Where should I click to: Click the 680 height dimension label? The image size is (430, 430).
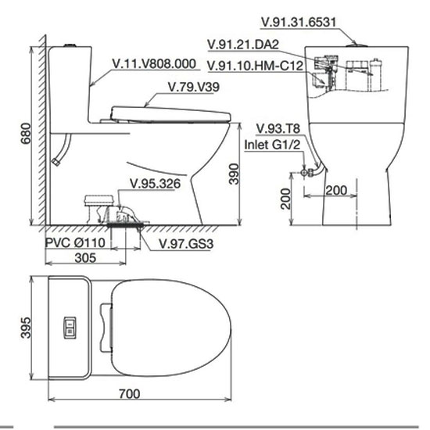click(x=26, y=133)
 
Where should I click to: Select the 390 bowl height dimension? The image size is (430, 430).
click(x=234, y=174)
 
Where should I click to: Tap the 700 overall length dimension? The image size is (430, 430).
click(x=130, y=394)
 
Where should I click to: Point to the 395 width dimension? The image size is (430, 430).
click(x=26, y=328)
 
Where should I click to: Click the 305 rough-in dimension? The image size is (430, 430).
click(x=85, y=258)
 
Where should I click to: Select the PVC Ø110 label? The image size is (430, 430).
click(x=75, y=242)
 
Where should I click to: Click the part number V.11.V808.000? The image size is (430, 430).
click(x=154, y=63)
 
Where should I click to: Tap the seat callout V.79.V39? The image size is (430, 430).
click(x=194, y=87)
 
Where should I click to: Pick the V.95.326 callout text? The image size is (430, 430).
click(x=156, y=184)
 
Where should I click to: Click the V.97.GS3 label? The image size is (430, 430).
click(x=186, y=244)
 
